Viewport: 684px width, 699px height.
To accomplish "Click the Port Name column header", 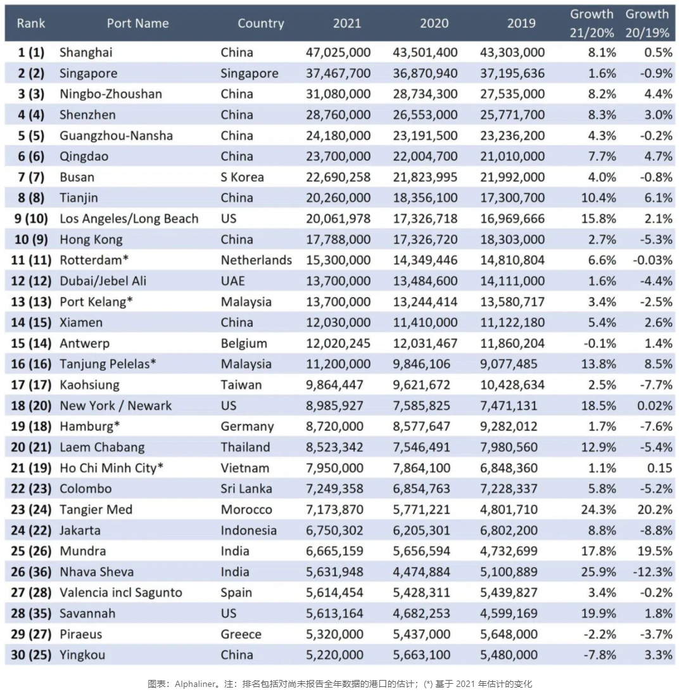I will (137, 23).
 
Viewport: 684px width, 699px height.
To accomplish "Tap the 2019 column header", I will (521, 23).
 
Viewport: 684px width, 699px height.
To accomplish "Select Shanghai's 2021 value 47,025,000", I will (338, 53).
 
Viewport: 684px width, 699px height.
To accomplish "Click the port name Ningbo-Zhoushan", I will (110, 94).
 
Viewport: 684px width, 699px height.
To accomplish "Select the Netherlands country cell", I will (256, 260).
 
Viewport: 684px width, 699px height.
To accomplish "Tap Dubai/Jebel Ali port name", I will (103, 281).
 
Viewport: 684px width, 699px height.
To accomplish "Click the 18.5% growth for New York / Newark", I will (599, 406).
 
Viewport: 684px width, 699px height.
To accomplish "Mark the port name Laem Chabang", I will (102, 447).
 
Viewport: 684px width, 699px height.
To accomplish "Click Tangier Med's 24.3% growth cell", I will (599, 510).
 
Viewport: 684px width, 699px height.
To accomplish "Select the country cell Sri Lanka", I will (246, 489).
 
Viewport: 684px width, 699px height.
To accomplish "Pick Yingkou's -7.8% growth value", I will (599, 655).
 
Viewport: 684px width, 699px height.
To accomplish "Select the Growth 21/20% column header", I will (592, 23).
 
